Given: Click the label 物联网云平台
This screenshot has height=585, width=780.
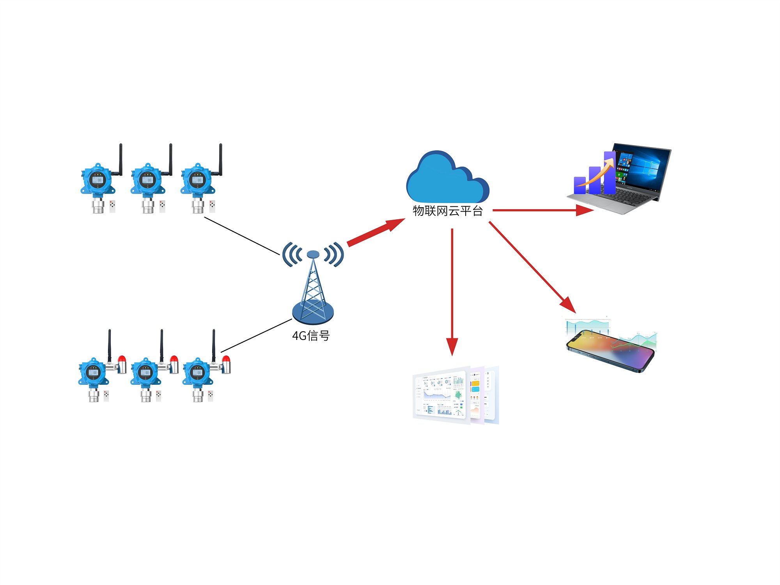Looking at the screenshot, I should click(448, 211).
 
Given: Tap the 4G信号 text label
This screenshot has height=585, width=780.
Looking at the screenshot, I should click(311, 336).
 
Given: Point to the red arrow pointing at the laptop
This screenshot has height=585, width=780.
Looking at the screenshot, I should click(542, 210).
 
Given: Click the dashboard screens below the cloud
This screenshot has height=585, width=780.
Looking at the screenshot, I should click(456, 395).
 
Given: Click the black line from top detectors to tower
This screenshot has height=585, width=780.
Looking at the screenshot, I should click(242, 236).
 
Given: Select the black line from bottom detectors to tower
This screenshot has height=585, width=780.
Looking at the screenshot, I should click(256, 336).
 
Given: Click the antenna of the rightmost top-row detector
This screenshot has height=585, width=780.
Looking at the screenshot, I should click(220, 158).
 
